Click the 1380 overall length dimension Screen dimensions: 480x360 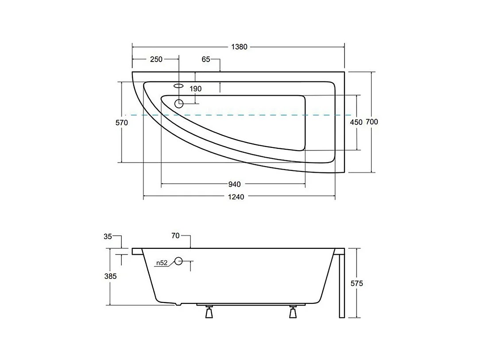click(x=239, y=47)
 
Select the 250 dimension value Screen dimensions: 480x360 click(x=156, y=59)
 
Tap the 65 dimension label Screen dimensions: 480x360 click(x=206, y=59)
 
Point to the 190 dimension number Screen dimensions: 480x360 click(x=195, y=89)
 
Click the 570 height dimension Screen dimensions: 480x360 click(x=121, y=123)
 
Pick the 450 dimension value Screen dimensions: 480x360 click(x=356, y=122)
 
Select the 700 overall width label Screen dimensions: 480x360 click(x=372, y=122)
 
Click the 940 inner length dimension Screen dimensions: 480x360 click(x=235, y=184)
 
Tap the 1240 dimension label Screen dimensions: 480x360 click(x=236, y=197)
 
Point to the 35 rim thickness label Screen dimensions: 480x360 click(x=108, y=236)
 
